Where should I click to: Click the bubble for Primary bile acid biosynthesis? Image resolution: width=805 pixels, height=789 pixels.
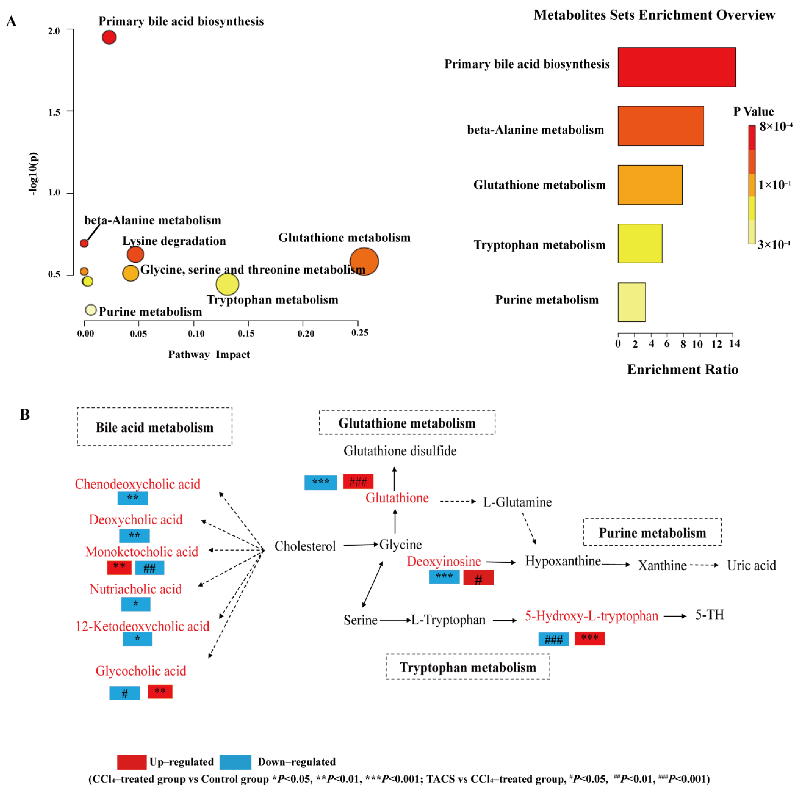point(109,37)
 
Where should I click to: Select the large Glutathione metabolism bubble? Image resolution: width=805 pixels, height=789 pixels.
point(364,262)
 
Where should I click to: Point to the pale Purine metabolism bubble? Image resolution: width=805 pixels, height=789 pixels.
point(91,310)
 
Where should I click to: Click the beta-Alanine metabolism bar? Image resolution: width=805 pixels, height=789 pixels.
point(661,126)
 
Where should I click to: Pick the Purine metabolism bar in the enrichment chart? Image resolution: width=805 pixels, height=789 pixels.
point(631,302)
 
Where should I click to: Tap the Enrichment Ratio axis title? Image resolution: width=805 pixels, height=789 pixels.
point(682,369)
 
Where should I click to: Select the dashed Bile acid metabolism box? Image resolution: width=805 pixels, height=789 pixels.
point(154,427)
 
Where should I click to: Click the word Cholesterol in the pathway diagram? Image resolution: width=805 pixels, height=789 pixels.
point(305,546)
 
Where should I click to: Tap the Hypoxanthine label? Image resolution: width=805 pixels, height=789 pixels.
point(563,561)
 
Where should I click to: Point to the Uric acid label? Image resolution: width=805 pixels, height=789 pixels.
point(751,566)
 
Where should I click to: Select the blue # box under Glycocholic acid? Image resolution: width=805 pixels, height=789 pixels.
point(125,693)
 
